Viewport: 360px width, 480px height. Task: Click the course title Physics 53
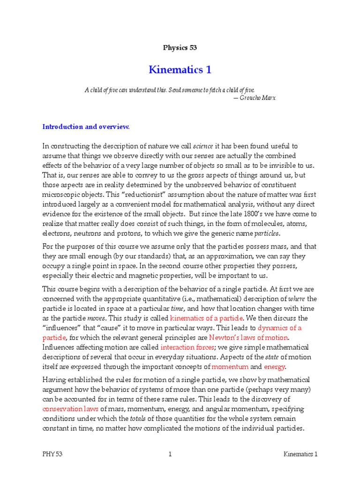click(x=180, y=47)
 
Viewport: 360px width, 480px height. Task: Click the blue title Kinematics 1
click(x=180, y=70)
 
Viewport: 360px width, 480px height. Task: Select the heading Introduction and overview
click(x=86, y=127)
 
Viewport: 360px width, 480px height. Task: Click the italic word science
click(x=203, y=146)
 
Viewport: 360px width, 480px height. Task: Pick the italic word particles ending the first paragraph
click(x=266, y=233)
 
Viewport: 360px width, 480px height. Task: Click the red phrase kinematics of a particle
click(x=204, y=318)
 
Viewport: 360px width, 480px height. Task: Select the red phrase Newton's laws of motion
click(x=248, y=337)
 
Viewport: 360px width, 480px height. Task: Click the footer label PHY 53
click(x=52, y=454)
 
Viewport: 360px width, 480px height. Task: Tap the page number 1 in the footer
click(x=171, y=454)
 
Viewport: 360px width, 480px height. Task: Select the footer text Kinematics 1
click(x=300, y=454)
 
